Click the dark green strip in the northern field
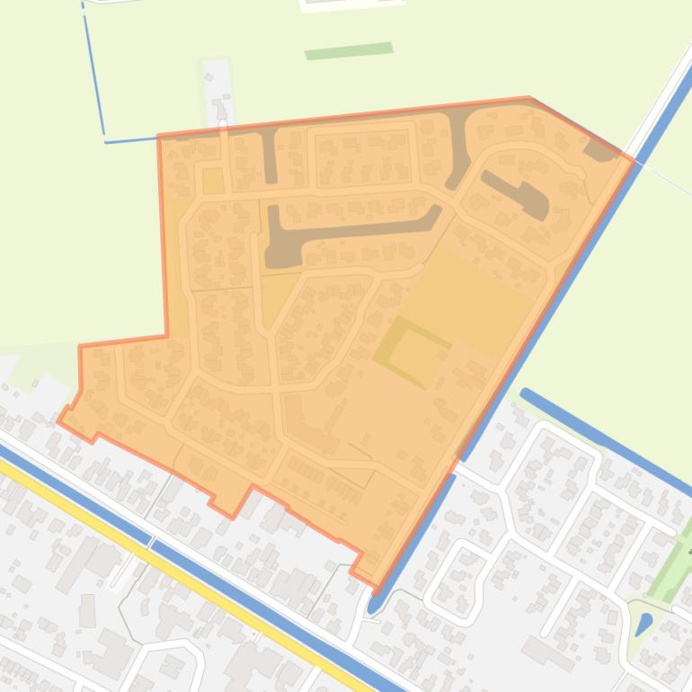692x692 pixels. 349,50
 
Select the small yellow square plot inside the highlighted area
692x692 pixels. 213,180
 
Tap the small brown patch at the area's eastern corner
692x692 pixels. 599,149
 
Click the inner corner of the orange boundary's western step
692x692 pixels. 167,336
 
